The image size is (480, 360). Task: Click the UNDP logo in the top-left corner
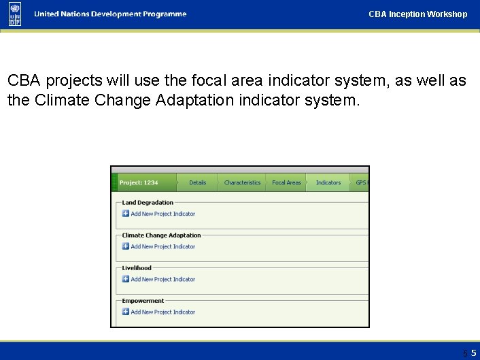[x=15, y=14]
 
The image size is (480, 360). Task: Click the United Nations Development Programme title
[x=109, y=14]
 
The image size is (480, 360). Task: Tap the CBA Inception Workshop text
[x=417, y=14]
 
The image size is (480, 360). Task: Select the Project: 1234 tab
[x=139, y=182]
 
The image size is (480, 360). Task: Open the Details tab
[x=197, y=182]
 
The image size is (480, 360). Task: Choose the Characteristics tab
[x=242, y=182]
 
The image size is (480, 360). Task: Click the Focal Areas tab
[x=286, y=182]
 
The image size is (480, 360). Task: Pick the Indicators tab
[x=328, y=182]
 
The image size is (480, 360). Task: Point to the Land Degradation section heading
[x=148, y=203]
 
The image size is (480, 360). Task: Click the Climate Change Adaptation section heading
[x=161, y=235]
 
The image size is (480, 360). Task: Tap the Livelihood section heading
[x=137, y=268]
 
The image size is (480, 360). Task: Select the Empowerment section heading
[x=143, y=301]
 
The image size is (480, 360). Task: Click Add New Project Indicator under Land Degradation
[x=162, y=214]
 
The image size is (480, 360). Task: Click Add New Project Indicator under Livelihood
[x=162, y=279]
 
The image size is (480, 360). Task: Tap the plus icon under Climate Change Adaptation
[x=126, y=246]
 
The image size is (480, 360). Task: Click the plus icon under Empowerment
[x=126, y=312]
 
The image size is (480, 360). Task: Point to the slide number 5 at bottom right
[x=473, y=353]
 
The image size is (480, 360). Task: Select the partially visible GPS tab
[x=361, y=182]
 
